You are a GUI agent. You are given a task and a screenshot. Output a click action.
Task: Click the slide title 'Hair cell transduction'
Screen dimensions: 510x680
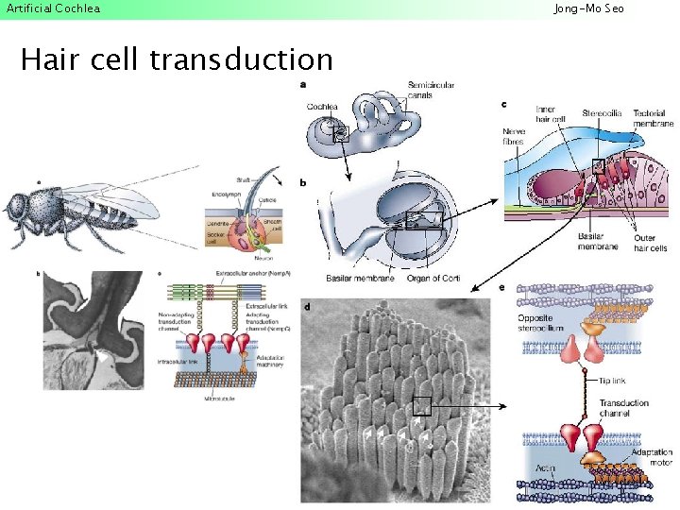point(177,60)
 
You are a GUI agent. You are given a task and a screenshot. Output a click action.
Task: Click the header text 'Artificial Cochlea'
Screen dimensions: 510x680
point(53,8)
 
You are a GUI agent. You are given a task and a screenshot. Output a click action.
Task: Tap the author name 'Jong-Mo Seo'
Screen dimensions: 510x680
point(588,8)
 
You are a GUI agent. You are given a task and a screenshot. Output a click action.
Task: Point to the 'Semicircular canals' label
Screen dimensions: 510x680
point(431,91)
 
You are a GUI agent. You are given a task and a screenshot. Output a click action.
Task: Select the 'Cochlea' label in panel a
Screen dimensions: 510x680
point(322,107)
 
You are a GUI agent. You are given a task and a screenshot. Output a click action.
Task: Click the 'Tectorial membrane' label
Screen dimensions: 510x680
point(654,118)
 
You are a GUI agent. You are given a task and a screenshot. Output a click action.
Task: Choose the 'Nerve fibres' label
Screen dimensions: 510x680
point(514,137)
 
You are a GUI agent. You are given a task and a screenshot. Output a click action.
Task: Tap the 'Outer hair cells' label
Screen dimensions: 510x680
point(649,244)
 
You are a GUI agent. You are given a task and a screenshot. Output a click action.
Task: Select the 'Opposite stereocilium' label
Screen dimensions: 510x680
point(542,323)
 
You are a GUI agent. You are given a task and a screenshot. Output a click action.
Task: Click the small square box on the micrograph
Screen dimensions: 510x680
point(421,406)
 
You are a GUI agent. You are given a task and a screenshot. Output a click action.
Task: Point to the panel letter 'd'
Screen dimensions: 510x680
point(308,306)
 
